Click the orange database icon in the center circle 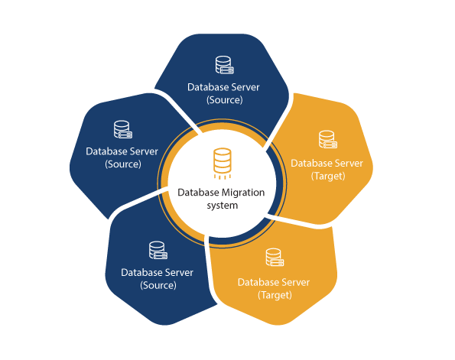(223, 164)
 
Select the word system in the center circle (223, 206)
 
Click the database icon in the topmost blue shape (224, 65)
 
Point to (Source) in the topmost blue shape (224, 100)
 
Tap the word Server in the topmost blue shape (245, 87)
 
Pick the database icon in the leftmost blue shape (123, 129)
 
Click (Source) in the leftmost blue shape (123, 164)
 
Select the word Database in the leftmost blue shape (106, 151)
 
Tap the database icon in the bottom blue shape (158, 251)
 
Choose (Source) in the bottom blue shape (158, 285)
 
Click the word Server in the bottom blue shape (179, 273)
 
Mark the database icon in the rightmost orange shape (327, 139)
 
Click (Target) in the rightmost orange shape (328, 176)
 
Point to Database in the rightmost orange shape (311, 164)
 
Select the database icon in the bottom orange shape (275, 257)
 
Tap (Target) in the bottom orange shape (275, 295)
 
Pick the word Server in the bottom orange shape (296, 283)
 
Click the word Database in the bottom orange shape (258, 283)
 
